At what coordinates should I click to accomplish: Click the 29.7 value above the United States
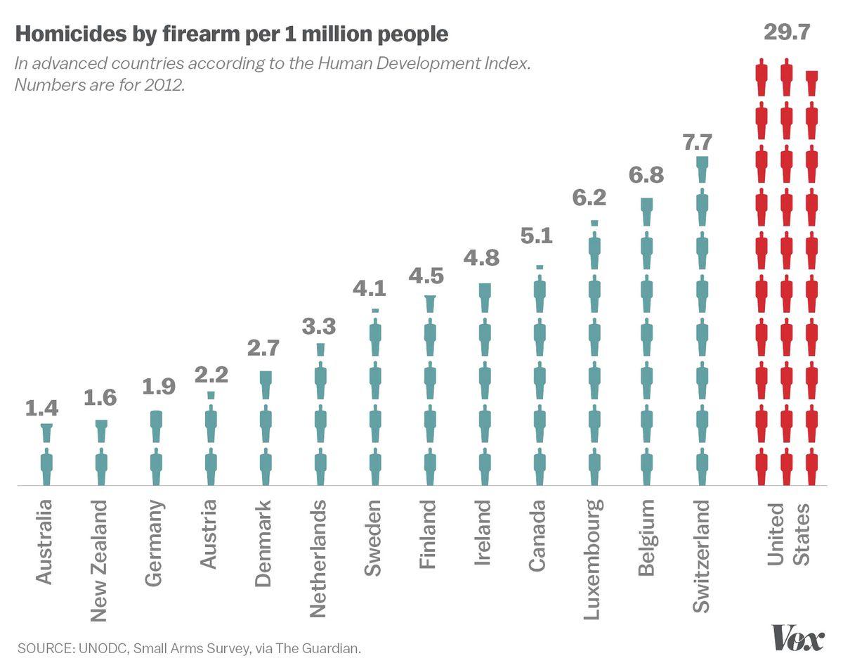[x=786, y=33]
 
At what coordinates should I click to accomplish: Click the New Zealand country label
[x=100, y=561]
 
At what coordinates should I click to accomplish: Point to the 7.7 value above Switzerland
[x=700, y=141]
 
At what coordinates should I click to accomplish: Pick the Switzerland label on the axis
[x=701, y=556]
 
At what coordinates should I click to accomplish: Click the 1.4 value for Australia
[x=42, y=408]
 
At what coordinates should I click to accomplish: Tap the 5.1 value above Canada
[x=537, y=236]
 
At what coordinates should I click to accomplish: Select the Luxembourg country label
[x=593, y=560]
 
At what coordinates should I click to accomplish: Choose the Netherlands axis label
[x=319, y=558]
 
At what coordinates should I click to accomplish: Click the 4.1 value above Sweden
[x=372, y=289]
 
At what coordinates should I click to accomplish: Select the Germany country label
[x=155, y=543]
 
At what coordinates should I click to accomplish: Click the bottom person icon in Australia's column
[x=47, y=468]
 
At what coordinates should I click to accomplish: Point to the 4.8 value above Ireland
[x=482, y=258]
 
